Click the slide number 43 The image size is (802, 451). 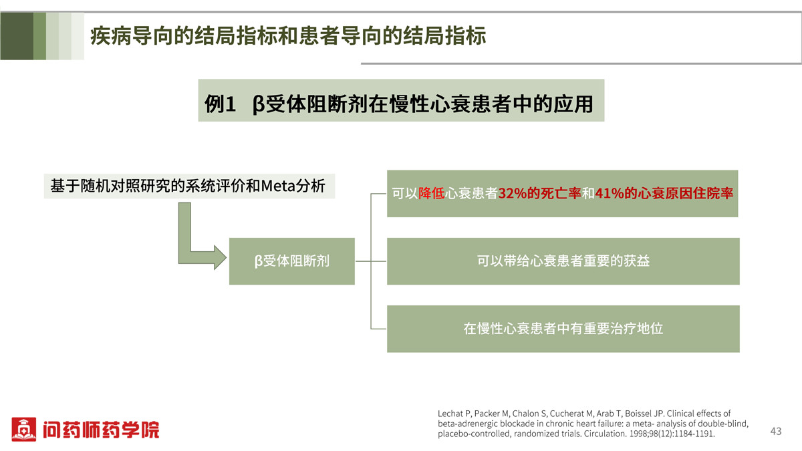point(776,432)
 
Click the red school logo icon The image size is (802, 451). point(23,429)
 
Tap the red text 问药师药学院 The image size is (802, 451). point(101,430)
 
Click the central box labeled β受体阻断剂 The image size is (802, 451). point(292,261)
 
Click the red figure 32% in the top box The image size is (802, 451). point(513,194)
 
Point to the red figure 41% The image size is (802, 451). point(610,194)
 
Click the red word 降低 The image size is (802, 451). point(432,194)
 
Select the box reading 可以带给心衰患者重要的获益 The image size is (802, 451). point(563,261)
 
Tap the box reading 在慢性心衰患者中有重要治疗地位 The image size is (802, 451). point(563,329)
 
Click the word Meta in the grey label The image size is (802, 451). point(278,186)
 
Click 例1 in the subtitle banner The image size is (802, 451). point(220,104)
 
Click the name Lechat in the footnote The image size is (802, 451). point(450,414)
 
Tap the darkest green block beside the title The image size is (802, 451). point(17,36)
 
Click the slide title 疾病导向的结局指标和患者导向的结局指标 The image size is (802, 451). point(288,36)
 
